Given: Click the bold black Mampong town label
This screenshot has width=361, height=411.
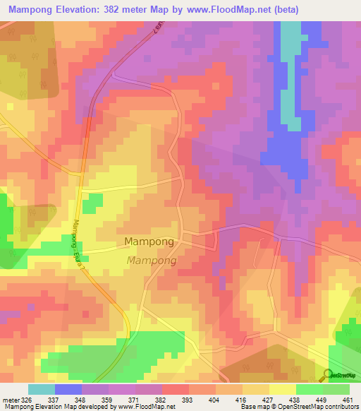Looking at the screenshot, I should tap(149, 242).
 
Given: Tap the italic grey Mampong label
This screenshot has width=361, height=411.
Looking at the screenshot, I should tap(151, 261).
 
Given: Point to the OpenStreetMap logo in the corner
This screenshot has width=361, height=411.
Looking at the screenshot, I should tap(341, 374).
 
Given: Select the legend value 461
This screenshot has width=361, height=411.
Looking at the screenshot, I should tap(348, 399).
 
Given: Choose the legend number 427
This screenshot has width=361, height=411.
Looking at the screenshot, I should tap(269, 399).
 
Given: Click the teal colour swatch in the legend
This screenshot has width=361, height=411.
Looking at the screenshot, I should tap(41, 389).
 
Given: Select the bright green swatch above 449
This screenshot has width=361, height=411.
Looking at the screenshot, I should tap(309, 389).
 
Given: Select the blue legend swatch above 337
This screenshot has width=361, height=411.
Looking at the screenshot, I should tap(68, 389).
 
